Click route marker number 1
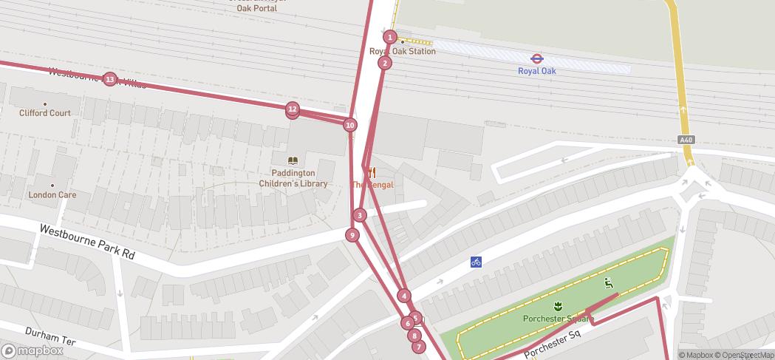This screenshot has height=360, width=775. [x=391, y=37]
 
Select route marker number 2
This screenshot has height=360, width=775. [x=384, y=63]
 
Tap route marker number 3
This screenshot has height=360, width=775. [x=360, y=215]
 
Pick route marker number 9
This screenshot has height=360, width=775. [x=352, y=235]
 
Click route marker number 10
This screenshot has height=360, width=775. [x=350, y=125]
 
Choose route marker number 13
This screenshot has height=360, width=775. [x=110, y=79]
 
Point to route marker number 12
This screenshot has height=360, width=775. [x=293, y=109]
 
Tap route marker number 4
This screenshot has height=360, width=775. [x=404, y=296]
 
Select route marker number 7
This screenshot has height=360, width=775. [x=419, y=347]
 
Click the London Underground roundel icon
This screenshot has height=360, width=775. [x=537, y=58]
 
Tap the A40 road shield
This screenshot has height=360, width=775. [x=686, y=140]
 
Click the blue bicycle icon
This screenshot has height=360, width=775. [x=477, y=262]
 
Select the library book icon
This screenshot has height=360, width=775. [x=293, y=161]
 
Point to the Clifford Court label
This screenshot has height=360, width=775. [x=45, y=113]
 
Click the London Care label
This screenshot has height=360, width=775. [x=52, y=195]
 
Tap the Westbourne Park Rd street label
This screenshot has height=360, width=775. [x=87, y=242]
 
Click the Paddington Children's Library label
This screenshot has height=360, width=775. [x=293, y=179]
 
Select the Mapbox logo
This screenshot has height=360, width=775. [x=33, y=350]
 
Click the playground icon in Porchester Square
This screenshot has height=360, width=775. [x=608, y=282]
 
